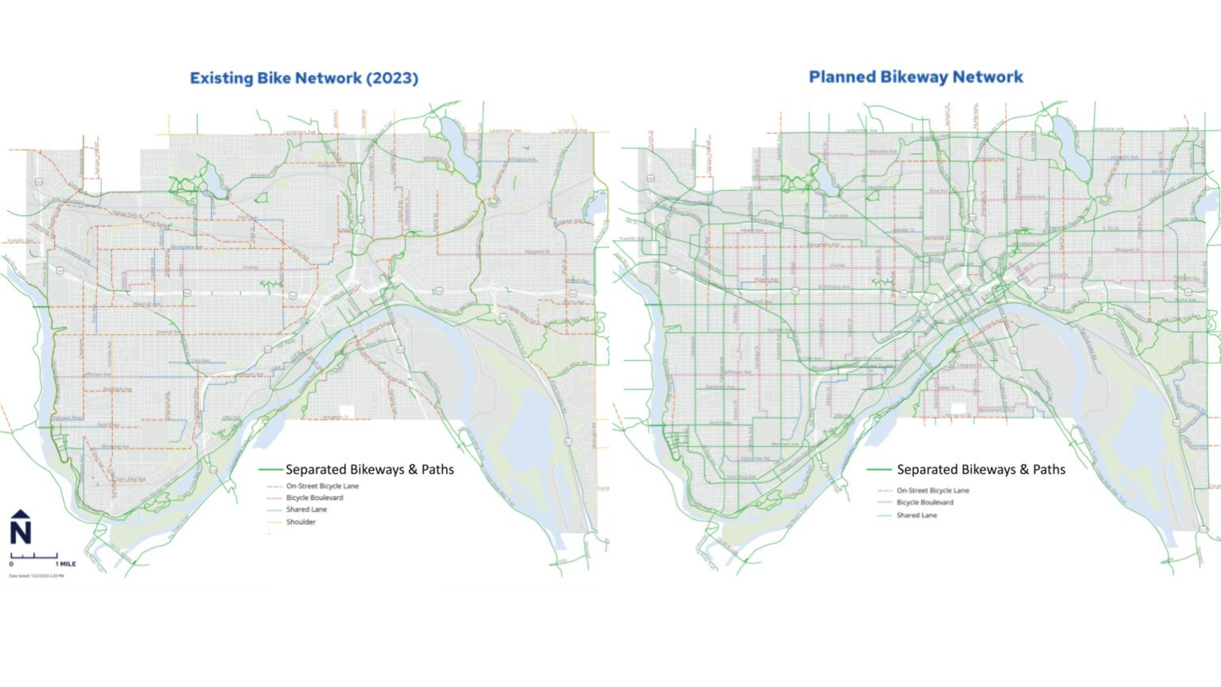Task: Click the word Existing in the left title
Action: pos(221,78)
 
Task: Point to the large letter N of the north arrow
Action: pos(20,532)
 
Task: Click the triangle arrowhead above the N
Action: pos(20,514)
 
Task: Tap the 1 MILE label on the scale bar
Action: pos(66,564)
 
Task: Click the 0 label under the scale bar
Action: pos(11,564)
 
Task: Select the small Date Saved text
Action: pos(36,576)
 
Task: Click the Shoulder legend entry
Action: pos(301,522)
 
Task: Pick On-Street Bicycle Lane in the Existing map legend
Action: pos(322,486)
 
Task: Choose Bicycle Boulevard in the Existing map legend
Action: pos(314,498)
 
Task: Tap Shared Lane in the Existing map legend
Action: pos(306,510)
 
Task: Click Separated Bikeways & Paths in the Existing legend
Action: pos(369,469)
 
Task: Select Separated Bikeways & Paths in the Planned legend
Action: pos(981,469)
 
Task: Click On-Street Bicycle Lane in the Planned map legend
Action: pos(932,490)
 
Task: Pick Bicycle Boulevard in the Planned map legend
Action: pos(925,503)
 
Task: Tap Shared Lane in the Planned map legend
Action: pos(916,515)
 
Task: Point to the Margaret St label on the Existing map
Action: pos(537,252)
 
